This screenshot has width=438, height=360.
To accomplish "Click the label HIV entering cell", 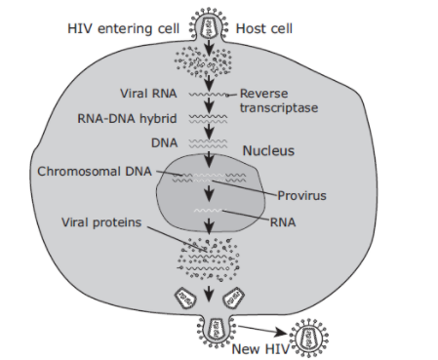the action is click(123, 28).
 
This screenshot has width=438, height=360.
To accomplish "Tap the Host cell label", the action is click(264, 28).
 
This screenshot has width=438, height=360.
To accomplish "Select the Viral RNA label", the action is click(148, 94).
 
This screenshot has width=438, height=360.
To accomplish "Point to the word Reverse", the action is click(263, 94).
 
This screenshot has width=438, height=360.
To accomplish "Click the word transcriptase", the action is click(279, 108).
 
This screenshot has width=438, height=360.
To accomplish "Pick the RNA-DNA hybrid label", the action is click(127, 118).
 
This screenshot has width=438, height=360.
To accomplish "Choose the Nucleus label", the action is click(268, 151).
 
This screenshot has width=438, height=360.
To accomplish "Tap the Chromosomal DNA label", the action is click(95, 172).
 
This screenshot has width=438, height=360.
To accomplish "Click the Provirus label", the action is click(301, 196).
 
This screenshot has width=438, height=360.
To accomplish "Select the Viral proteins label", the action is click(101, 222).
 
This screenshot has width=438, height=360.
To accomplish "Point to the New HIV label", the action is click(260, 349).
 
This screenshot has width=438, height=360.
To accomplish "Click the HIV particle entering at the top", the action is click(208, 24).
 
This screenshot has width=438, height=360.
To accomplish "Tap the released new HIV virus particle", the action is click(308, 338).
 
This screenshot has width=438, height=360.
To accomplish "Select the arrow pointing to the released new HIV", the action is click(262, 330).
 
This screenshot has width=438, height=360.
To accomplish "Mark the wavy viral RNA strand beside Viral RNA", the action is click(209, 95).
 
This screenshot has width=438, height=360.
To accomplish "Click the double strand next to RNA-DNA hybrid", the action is click(209, 119).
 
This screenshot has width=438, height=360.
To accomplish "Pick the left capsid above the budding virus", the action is click(185, 297).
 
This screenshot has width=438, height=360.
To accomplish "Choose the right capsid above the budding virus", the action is click(234, 297).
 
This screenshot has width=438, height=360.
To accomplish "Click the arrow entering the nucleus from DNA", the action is click(209, 159).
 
